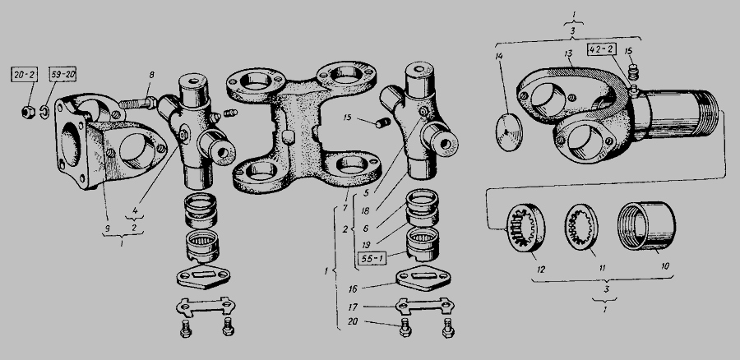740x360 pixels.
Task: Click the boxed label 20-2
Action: click(x=25, y=75)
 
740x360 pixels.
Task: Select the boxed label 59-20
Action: click(x=62, y=75)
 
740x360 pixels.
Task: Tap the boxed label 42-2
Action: click(x=602, y=49)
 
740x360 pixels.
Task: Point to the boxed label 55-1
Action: click(x=372, y=259)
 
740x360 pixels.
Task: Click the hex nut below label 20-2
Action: click(x=27, y=113)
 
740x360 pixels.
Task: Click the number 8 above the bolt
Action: click(x=151, y=75)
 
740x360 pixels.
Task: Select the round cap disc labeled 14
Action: click(x=510, y=132)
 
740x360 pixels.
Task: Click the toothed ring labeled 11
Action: click(x=581, y=227)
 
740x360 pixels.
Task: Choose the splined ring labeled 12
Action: click(x=525, y=228)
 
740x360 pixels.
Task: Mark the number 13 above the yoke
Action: click(x=569, y=53)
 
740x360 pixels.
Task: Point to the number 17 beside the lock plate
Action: click(x=353, y=307)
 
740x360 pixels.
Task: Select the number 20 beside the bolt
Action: click(x=353, y=322)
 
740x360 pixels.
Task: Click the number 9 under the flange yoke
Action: click(x=107, y=228)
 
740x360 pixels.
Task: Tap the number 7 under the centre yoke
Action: click(x=345, y=207)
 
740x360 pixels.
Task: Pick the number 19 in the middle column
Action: click(x=365, y=245)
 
